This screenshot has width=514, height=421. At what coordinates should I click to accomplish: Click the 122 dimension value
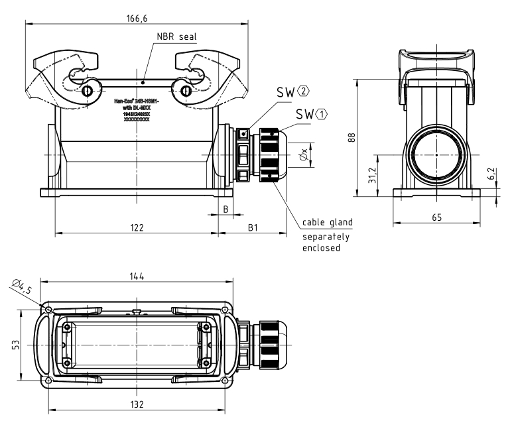[136, 227]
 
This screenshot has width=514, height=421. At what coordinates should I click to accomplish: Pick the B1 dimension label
[253, 227]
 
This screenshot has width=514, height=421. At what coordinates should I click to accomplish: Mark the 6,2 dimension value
[491, 174]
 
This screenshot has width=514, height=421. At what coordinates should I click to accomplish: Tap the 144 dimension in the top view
[136, 276]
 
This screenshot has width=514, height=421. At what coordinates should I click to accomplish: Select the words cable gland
[328, 222]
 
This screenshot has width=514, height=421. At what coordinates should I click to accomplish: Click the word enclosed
[322, 249]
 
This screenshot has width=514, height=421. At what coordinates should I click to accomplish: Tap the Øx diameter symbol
[303, 154]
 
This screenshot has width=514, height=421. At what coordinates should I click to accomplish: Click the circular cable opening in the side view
[436, 154]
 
